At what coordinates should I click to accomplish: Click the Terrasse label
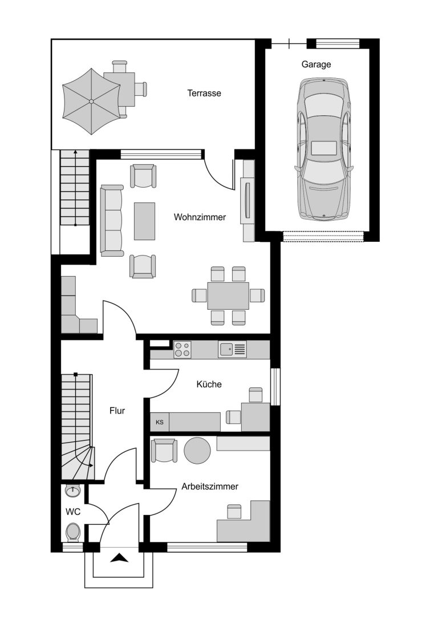tap(204, 94)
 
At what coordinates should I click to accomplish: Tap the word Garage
tap(317, 64)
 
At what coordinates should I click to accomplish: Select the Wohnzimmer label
tap(200, 217)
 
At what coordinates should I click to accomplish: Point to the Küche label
tap(209, 384)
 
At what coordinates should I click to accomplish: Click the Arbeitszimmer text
tap(210, 487)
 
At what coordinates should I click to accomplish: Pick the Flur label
tap(117, 411)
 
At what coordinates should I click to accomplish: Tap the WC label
tap(73, 512)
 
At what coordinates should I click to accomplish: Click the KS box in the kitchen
tap(160, 422)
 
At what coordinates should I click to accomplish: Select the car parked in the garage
tap(324, 149)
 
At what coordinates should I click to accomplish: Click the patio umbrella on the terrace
tap(91, 102)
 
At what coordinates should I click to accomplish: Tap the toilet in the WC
tap(73, 532)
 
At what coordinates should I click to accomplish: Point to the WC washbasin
tap(73, 491)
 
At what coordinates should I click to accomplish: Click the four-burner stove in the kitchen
tap(182, 350)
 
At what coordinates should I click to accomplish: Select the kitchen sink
tap(232, 350)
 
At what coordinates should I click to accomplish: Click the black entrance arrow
tap(119, 558)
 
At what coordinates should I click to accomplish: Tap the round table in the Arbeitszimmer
tap(197, 450)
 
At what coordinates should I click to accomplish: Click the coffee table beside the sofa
tap(144, 221)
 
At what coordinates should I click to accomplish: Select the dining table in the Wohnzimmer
tap(228, 296)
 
